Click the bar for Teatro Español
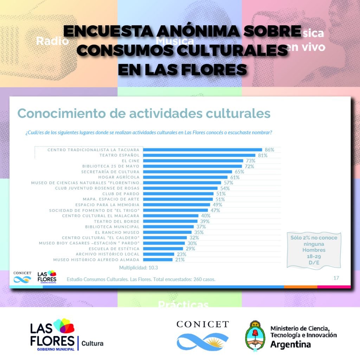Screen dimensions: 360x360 pyautogui.click(x=199, y=155)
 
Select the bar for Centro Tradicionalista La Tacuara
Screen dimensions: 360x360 pyautogui.click(x=203, y=150)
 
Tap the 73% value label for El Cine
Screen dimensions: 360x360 pyautogui.click(x=250, y=161)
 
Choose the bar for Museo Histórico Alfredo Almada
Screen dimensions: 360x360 pyautogui.click(x=158, y=260)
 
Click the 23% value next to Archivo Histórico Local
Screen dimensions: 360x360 pyautogui.click(x=179, y=254)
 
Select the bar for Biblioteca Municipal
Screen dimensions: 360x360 pyautogui.click(x=169, y=227)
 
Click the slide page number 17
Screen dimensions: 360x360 pyautogui.click(x=336, y=278)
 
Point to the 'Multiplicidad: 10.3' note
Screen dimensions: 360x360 pyautogui.click(x=139, y=268)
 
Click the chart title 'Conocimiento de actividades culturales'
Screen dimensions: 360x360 pyautogui.click(x=144, y=114)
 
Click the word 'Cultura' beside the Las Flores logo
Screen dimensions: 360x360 pyautogui.click(x=92, y=343)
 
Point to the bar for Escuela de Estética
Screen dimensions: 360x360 pyautogui.click(x=163, y=249)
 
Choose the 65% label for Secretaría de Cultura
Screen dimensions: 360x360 pyautogui.click(x=239, y=172)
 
